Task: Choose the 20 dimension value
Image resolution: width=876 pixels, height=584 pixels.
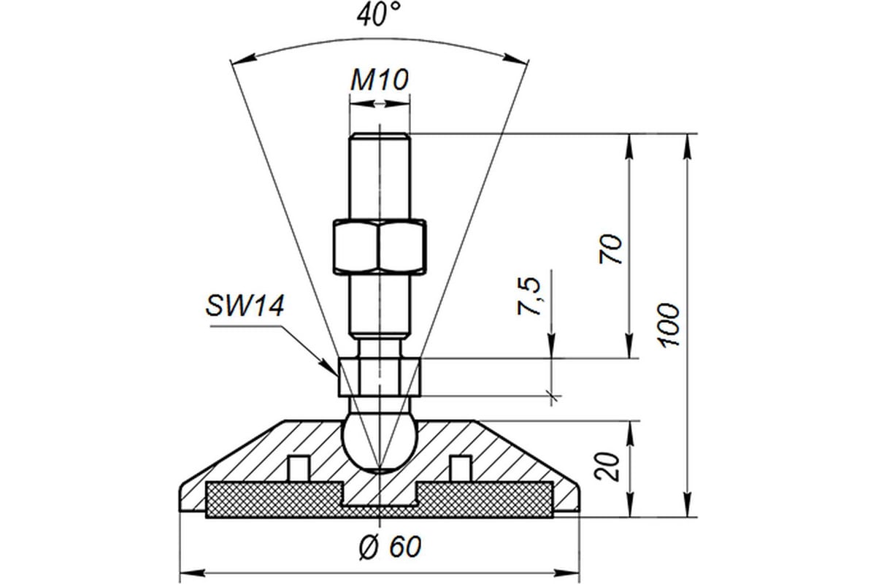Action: pos(612,466)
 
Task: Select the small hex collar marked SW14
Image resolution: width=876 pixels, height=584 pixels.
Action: pos(380,377)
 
